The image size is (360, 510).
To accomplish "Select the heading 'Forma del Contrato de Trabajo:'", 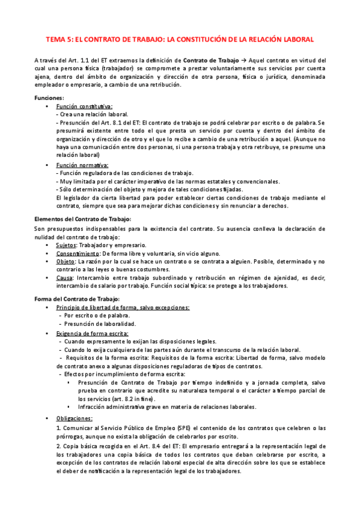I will click(x=77, y=299).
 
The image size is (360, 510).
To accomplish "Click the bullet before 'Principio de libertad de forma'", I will click(x=47, y=307).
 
